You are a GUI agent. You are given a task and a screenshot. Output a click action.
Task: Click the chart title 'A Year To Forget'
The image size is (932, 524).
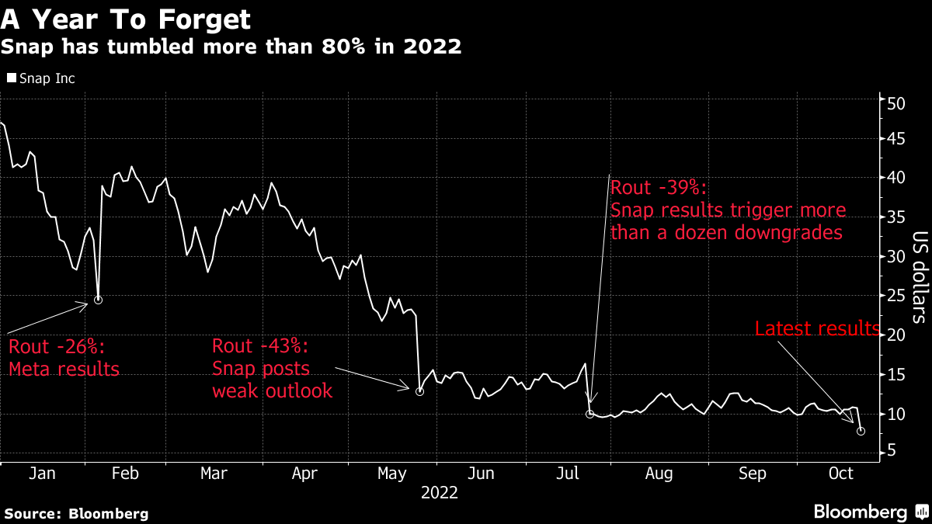tap(125, 18)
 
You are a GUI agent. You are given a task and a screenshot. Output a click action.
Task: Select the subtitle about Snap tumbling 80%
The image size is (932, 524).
tap(231, 47)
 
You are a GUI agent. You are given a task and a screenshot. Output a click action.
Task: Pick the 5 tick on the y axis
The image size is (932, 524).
tap(893, 452)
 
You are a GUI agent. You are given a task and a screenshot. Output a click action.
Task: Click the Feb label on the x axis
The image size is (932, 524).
tap(125, 474)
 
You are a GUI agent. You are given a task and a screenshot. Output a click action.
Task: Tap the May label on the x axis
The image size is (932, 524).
tap(392, 474)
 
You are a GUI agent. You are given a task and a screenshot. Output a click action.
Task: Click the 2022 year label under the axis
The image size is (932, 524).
tap(439, 492)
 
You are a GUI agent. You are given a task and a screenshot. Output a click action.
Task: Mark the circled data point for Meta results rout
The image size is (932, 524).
tap(98, 300)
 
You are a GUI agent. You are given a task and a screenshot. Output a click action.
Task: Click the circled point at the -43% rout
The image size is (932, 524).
tap(419, 392)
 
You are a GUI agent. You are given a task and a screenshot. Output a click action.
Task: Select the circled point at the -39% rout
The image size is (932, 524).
tap(590, 415)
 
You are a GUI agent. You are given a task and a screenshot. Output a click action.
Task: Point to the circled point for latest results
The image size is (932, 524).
tap(861, 431)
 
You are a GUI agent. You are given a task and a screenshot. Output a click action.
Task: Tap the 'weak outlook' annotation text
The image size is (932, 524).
tap(272, 390)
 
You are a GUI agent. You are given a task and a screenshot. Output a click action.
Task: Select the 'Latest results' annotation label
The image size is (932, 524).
tap(818, 329)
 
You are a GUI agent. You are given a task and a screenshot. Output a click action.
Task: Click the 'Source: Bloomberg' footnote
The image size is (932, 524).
tap(76, 513)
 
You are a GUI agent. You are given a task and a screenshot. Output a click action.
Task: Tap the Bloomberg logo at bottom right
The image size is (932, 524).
tap(870, 512)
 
